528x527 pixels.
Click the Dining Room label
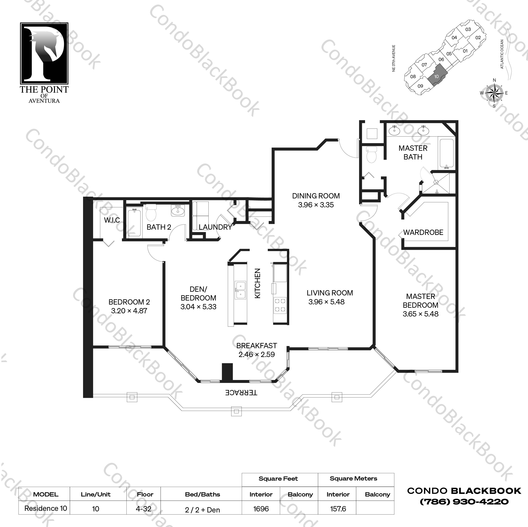tap(316, 196)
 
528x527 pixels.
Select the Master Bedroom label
tap(420, 301)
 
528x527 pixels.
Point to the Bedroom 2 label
tap(129, 302)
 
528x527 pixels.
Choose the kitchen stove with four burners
tap(280, 305)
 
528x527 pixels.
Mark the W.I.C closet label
tap(112, 220)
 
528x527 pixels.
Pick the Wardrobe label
tap(423, 232)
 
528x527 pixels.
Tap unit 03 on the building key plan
tap(468, 29)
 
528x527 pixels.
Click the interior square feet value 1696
tap(261, 509)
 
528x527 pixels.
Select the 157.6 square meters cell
tap(338, 509)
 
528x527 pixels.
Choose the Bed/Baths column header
tap(202, 494)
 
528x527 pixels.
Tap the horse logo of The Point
tap(44, 53)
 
